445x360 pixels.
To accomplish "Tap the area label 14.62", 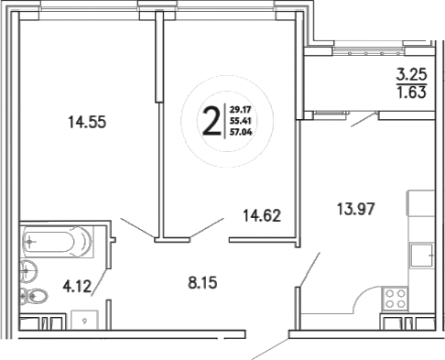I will pyautogui.click(x=260, y=217).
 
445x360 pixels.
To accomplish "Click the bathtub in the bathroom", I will pyautogui.click(x=56, y=244).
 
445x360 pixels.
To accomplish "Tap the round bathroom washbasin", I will pyautogui.click(x=28, y=269).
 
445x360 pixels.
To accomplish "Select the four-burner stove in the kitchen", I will pyautogui.click(x=395, y=297).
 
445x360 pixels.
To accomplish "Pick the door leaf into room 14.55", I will pyautogui.click(x=137, y=230).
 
